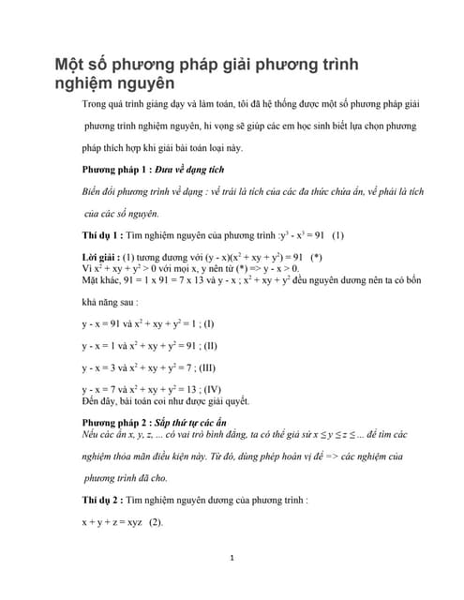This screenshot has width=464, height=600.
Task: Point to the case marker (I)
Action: coord(208,323)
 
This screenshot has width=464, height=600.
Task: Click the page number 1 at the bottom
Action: coord(232,559)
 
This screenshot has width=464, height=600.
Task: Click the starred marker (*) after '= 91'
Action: coord(316,255)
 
